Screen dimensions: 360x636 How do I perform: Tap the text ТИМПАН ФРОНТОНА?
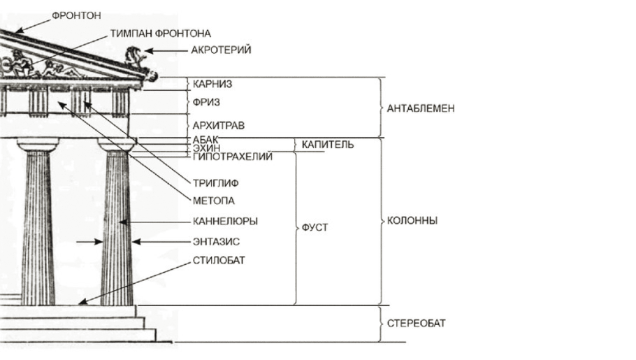tap(160, 34)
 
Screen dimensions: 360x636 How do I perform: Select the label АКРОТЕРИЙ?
tap(221, 50)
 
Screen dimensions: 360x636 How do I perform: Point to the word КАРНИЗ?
tap(213, 84)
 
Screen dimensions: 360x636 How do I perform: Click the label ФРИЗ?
tap(206, 102)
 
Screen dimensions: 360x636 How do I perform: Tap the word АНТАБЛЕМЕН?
tap(421, 109)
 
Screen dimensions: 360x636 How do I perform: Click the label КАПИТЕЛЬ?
tap(328, 145)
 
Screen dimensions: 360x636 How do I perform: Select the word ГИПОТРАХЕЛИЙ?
tap(231, 157)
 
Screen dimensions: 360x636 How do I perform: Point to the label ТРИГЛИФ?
tap(215, 184)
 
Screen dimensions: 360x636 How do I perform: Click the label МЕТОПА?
tap(212, 201)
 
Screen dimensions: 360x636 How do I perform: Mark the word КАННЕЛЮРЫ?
tap(225, 221)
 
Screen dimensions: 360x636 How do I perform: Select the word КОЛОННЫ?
tap(412, 221)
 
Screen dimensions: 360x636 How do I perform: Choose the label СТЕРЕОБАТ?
tap(416, 324)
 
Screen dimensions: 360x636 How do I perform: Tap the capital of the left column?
tap(38, 145)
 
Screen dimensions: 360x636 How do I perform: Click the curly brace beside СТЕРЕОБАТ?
tap(379, 324)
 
